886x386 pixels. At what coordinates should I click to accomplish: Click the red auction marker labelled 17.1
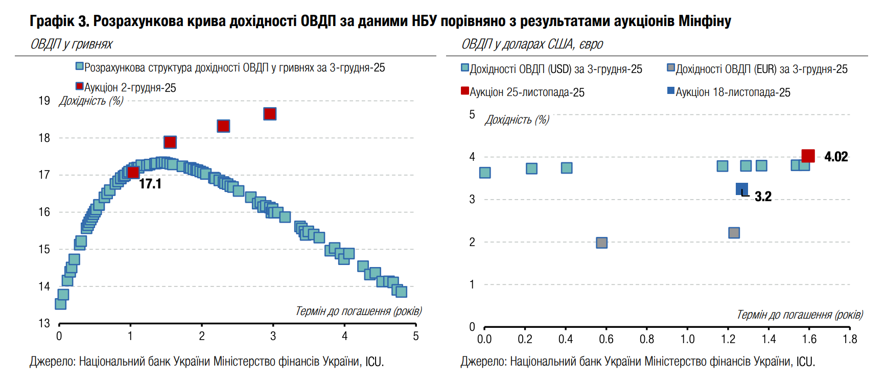133,172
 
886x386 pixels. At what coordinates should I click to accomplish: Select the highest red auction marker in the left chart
270,114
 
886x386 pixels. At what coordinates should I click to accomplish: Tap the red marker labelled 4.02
808,156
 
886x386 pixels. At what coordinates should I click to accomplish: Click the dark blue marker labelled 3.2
741,189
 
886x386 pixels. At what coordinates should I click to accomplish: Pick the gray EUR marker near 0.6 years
602,243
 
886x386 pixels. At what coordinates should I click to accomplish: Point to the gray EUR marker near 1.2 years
734,233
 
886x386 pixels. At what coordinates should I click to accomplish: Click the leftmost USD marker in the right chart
485,173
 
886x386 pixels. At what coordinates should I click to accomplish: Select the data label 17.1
150,184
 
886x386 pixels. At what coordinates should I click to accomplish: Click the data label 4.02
836,157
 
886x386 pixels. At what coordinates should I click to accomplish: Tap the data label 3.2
763,197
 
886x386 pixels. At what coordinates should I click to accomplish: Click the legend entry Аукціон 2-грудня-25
126,88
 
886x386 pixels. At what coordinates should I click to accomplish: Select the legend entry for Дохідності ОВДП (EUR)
757,69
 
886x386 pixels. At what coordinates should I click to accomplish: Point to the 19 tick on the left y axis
44,101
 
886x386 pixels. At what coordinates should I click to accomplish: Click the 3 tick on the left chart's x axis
273,336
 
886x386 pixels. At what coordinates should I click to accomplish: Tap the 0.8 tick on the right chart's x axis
647,339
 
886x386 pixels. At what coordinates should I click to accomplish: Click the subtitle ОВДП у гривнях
72,44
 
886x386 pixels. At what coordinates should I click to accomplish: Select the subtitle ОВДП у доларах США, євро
532,44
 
